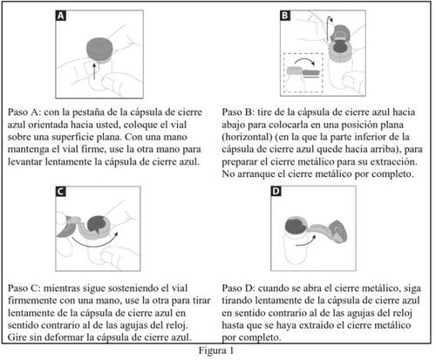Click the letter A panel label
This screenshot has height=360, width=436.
pyautogui.click(x=61, y=16)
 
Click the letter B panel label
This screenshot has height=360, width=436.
pyautogui.click(x=285, y=15)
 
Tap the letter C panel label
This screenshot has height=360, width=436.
pyautogui.click(x=60, y=192)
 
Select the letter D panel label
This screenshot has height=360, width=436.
pyautogui.click(x=276, y=191)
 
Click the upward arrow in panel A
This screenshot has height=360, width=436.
pyautogui.click(x=94, y=70)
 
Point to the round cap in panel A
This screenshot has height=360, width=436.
pyautogui.click(x=99, y=50)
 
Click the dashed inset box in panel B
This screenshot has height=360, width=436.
pyautogui.click(x=303, y=73)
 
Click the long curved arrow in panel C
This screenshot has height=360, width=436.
pyautogui.click(x=93, y=242)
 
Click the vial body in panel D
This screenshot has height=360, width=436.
pyautogui.click(x=295, y=247)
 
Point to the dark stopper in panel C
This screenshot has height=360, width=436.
pyautogui.click(x=96, y=224)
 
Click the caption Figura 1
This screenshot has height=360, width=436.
pyautogui.click(x=216, y=350)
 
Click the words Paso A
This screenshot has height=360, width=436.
pyautogui.click(x=24, y=112)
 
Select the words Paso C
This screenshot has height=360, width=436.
pyautogui.click(x=24, y=289)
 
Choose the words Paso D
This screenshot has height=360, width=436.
pyautogui.click(x=238, y=289)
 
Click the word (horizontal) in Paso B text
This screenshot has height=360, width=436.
pyautogui.click(x=247, y=137)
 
